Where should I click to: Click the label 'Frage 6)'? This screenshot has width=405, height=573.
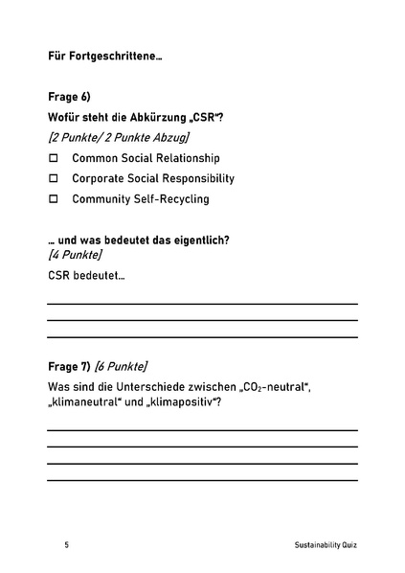point(69,97)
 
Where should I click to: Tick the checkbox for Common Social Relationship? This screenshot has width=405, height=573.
point(54,158)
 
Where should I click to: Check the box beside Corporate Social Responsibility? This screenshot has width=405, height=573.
point(54,178)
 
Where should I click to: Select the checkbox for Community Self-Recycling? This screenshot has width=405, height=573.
point(54,199)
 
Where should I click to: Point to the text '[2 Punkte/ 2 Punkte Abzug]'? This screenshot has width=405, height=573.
point(118,137)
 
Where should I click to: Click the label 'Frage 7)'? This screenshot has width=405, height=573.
point(69,366)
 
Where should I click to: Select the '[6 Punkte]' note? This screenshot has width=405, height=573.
point(121,366)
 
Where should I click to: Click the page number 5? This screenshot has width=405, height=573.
point(67,545)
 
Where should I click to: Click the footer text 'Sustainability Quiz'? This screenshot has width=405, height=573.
point(326,545)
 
